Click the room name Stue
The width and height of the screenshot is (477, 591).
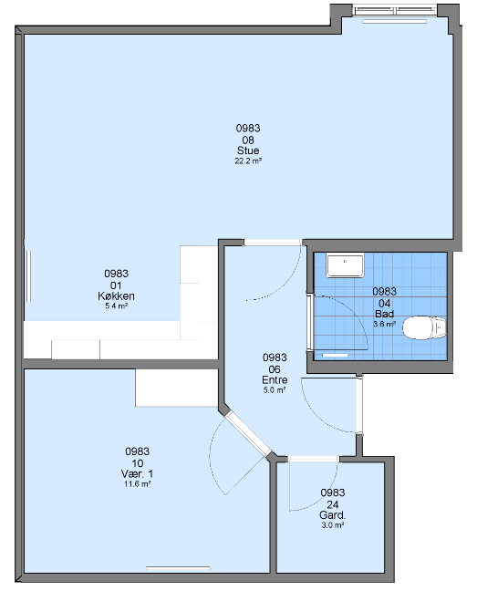[248, 150]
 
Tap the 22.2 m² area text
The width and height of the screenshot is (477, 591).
[248, 161]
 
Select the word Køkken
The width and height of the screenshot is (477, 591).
[116, 295]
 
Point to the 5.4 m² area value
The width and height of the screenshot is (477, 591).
[116, 306]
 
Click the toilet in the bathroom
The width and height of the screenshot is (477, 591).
[424, 327]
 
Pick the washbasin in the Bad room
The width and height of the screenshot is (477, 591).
[345, 265]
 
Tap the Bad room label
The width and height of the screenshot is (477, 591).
[384, 314]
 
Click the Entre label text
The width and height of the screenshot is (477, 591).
[275, 379]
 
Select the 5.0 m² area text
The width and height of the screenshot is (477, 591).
[275, 390]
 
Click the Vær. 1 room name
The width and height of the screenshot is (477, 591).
[137, 473]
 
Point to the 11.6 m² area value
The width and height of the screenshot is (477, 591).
[138, 484]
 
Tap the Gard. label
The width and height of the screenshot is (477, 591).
[332, 515]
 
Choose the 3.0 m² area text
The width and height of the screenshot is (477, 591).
[333, 525]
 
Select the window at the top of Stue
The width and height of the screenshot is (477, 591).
[395, 10]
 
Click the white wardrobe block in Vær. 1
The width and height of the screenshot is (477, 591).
[177, 388]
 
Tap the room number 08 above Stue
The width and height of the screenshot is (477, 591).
[248, 140]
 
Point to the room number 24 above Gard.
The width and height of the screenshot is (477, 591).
[333, 504]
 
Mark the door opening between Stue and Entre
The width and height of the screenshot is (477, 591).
[273, 243]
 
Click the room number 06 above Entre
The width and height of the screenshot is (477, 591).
[275, 369]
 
